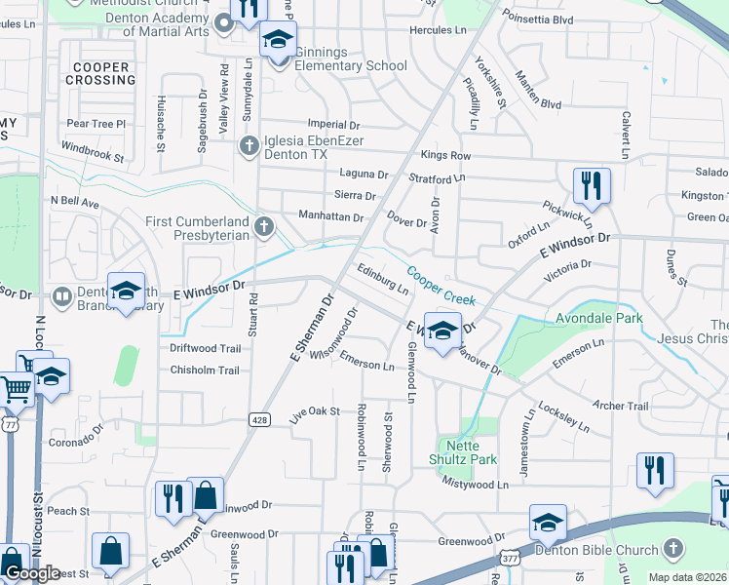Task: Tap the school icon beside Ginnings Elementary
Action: click(278, 41)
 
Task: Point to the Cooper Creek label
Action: click(441, 287)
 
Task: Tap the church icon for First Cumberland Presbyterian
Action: click(263, 228)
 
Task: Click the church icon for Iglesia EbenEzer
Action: click(249, 145)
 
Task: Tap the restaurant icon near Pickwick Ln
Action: click(592, 183)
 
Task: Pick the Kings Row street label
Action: click(445, 156)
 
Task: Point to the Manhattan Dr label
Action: click(330, 216)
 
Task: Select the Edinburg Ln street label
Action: click(382, 281)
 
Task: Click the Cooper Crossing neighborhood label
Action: click(100, 74)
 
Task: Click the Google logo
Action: click(31, 573)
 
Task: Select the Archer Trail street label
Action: click(620, 407)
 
